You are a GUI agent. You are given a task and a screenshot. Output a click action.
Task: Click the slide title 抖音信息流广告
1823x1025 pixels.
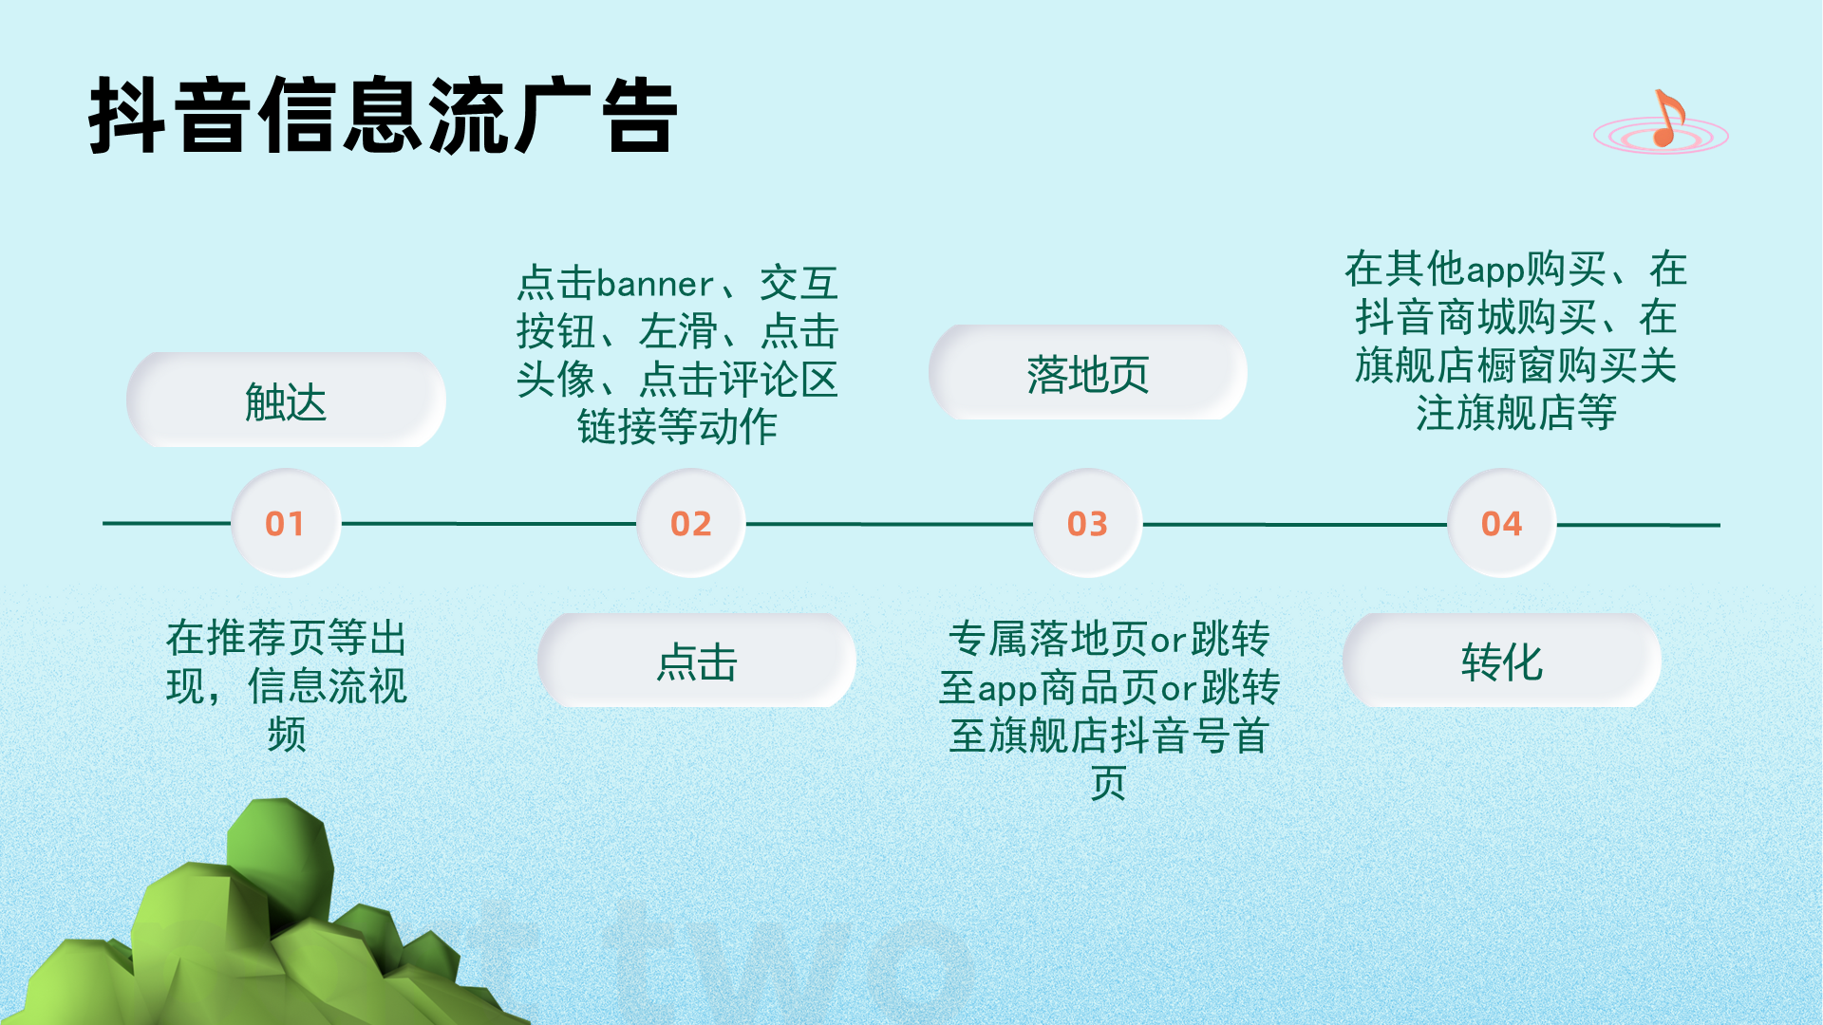pyautogui.click(x=383, y=115)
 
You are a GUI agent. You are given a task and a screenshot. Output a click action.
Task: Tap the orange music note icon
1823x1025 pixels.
pyautogui.click(x=1666, y=119)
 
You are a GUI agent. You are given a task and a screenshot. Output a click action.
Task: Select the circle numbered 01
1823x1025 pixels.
pyautogui.click(x=286, y=523)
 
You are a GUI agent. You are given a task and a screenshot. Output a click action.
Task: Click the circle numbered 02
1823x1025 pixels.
pyautogui.click(x=691, y=523)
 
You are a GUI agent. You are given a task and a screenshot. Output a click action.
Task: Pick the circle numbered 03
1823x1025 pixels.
pyautogui.click(x=1088, y=523)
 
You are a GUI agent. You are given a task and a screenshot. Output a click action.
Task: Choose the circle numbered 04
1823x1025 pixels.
pyautogui.click(x=1502, y=523)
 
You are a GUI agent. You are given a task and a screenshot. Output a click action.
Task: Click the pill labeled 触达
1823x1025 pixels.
pyautogui.click(x=286, y=400)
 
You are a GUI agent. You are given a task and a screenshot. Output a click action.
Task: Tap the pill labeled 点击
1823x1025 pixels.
pyautogui.click(x=697, y=660)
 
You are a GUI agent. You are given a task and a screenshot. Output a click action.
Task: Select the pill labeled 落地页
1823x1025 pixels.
pyautogui.click(x=1088, y=372)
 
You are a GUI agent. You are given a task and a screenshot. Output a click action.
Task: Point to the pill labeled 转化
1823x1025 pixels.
pyautogui.click(x=1502, y=660)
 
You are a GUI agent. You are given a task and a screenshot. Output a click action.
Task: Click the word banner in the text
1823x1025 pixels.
pyautogui.click(x=655, y=284)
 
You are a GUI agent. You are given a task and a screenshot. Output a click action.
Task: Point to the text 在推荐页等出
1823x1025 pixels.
pyautogui.click(x=287, y=638)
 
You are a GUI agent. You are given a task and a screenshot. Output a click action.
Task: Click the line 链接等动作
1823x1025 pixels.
pyautogui.click(x=677, y=426)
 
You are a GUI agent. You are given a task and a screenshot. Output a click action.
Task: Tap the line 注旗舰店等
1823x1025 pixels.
pyautogui.click(x=1516, y=413)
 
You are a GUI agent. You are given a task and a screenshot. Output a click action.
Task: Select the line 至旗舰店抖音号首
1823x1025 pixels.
pyautogui.click(x=1109, y=736)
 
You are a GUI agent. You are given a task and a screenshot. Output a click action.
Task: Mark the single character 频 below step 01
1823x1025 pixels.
pyautogui.click(x=287, y=734)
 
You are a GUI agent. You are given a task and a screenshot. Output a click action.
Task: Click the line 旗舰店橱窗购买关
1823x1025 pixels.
pyautogui.click(x=1516, y=365)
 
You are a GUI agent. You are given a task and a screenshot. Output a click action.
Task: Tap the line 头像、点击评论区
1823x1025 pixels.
pyautogui.click(x=677, y=379)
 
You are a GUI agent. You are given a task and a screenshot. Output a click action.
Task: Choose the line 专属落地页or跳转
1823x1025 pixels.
pyautogui.click(x=1109, y=639)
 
